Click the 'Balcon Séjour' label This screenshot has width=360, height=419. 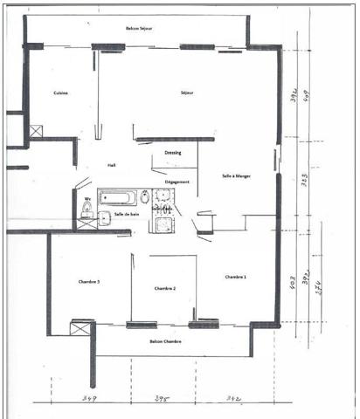click(x=140, y=28)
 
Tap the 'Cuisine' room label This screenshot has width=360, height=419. click(x=60, y=93)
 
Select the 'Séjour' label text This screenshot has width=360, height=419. click(x=187, y=93)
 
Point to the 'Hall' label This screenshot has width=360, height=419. click(x=112, y=164)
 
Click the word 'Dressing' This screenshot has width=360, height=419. click(x=173, y=151)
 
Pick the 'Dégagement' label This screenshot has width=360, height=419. click(x=177, y=182)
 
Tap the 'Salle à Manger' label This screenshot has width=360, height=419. click(x=237, y=175)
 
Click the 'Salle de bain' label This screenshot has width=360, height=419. click(x=126, y=214)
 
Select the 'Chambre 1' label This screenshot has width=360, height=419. click(x=236, y=277)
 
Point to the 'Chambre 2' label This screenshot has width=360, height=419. click(x=165, y=287)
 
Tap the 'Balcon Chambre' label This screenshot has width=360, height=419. click(x=165, y=341)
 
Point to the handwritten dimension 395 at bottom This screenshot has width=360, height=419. click(x=163, y=399)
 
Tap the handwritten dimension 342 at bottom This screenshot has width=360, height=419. click(x=233, y=398)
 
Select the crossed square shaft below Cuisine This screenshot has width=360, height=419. click(x=36, y=132)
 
